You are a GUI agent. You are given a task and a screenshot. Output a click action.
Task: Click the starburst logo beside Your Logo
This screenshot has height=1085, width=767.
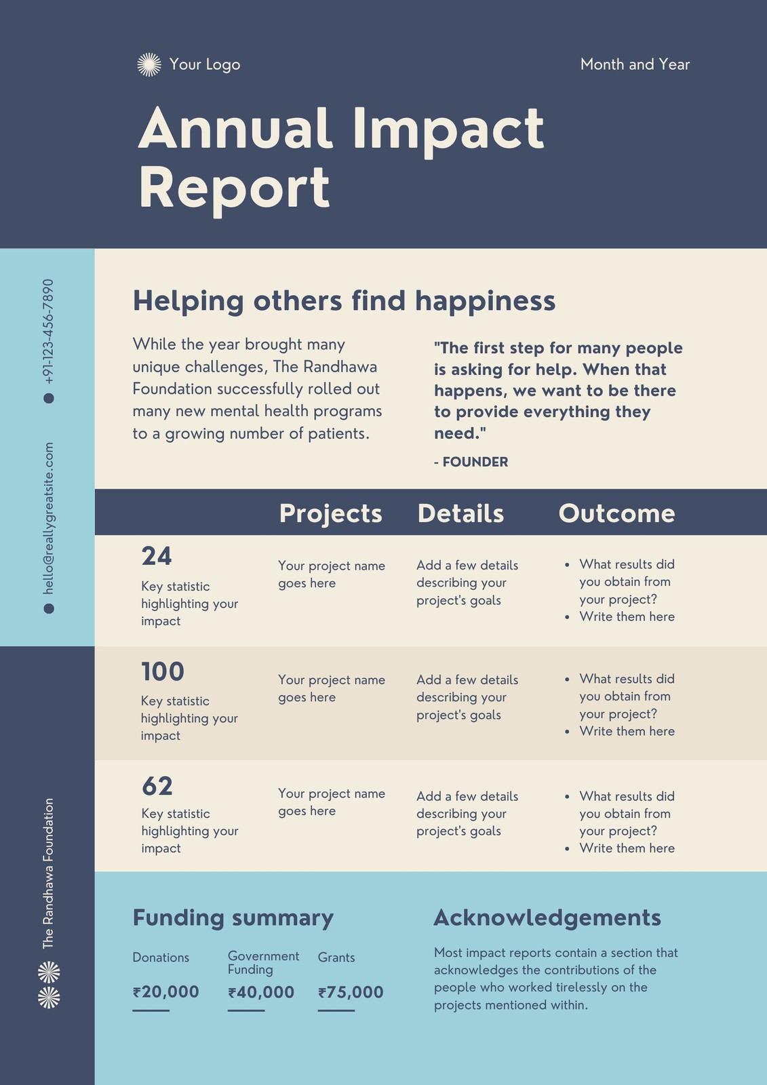tap(149, 64)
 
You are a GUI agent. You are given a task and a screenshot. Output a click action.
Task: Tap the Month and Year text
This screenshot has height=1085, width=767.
tap(635, 64)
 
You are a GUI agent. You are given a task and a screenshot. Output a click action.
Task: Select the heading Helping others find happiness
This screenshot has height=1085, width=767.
tap(344, 301)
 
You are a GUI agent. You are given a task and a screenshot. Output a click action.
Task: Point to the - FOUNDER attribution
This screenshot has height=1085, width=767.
tap(471, 462)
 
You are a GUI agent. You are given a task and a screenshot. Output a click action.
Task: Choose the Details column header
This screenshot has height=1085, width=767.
tap(460, 513)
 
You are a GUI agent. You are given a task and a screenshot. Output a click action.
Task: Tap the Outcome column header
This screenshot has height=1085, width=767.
tap(617, 513)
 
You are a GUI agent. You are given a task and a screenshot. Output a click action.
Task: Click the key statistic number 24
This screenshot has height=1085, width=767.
tap(157, 556)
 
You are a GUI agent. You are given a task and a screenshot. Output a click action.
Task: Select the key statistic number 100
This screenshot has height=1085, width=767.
tap(163, 672)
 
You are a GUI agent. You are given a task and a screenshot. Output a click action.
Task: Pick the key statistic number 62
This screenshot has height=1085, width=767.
tap(157, 786)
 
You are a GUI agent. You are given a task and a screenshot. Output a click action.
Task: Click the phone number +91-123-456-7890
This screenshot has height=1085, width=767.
tap(48, 332)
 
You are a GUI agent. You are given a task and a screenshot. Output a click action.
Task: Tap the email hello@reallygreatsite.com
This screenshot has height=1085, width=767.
tap(48, 518)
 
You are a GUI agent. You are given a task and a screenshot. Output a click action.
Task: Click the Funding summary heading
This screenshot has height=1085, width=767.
tap(233, 918)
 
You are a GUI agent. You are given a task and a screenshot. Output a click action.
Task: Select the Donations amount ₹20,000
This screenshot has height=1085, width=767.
tap(165, 992)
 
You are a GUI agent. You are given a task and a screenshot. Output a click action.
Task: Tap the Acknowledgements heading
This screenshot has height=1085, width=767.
tap(547, 918)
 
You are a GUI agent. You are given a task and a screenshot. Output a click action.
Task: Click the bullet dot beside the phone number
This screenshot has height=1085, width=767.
tap(49, 398)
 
